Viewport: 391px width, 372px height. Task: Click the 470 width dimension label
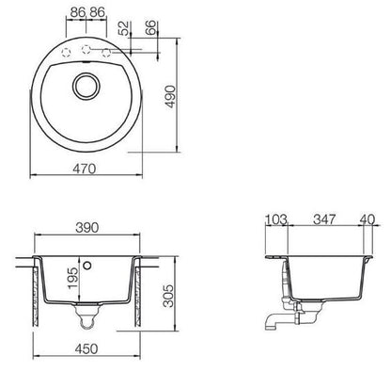[85, 169]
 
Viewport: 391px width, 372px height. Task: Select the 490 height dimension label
[171, 96]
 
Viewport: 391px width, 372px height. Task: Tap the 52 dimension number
[124, 28]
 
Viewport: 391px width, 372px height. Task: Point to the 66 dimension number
[150, 27]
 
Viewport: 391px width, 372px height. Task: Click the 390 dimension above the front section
[86, 228]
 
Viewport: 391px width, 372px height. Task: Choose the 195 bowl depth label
[73, 278]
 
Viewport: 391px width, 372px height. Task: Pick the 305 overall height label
[168, 296]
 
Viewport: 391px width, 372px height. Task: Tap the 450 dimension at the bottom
[86, 348]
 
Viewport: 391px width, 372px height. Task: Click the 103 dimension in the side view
[276, 219]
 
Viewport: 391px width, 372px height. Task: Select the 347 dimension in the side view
[324, 219]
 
